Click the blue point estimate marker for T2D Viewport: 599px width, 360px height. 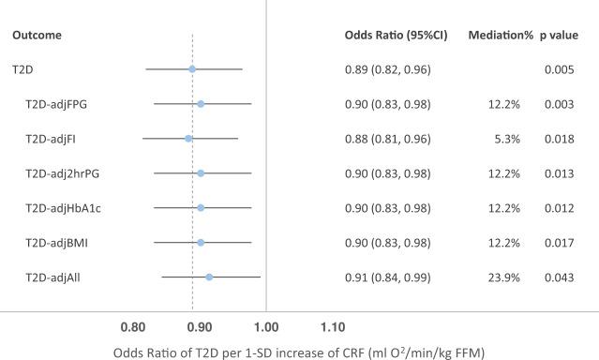(x=192, y=69)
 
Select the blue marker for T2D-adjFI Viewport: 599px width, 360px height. (x=188, y=139)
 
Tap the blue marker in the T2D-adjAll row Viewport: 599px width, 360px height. (x=209, y=277)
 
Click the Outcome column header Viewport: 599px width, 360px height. (x=37, y=36)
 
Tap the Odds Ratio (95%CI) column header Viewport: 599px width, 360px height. (x=396, y=36)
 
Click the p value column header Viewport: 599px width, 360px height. (x=561, y=36)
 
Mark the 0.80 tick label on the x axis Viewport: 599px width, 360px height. (x=133, y=328)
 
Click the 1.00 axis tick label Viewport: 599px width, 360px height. (x=266, y=328)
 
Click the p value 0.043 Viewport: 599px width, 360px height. (x=559, y=277)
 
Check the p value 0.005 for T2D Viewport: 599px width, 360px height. (x=559, y=69)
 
